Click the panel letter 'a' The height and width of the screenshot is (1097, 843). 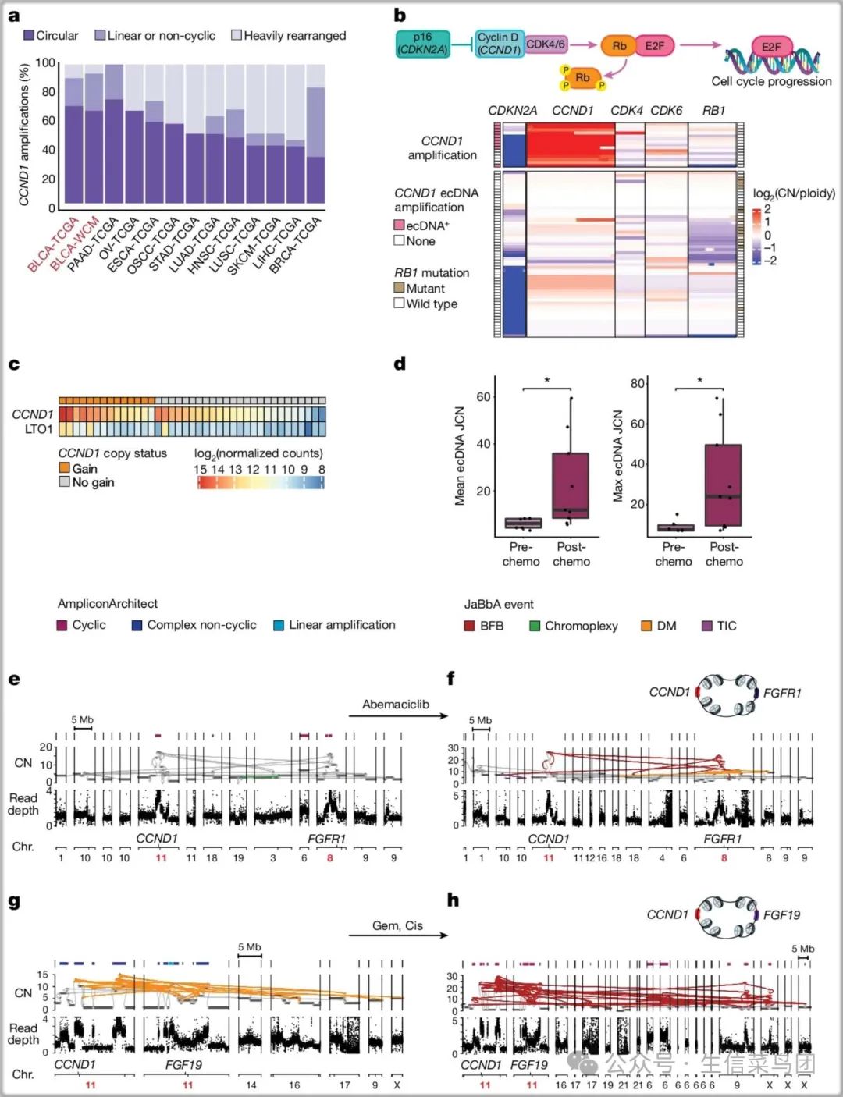[x=14, y=16]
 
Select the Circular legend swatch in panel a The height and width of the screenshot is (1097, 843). [x=29, y=36]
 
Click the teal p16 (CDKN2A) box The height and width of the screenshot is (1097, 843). [x=422, y=44]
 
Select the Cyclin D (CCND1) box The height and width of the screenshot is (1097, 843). [x=499, y=44]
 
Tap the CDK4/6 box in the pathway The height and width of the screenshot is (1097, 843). [x=546, y=44]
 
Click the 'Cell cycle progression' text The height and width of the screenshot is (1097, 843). [x=771, y=82]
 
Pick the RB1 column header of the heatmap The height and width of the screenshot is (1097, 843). [x=713, y=111]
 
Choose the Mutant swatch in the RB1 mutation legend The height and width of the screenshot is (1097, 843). [x=400, y=288]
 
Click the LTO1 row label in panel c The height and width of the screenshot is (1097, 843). [x=38, y=429]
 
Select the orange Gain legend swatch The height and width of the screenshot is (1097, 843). [x=65, y=468]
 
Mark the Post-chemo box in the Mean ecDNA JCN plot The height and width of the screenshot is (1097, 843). [x=571, y=485]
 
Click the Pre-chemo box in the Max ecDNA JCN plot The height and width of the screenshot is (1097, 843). [x=675, y=527]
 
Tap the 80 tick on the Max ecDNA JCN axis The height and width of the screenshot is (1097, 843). [x=638, y=383]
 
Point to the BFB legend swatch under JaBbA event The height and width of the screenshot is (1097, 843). [x=469, y=626]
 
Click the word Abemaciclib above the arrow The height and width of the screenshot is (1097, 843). [x=396, y=705]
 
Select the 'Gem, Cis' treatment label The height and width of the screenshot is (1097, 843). [x=397, y=925]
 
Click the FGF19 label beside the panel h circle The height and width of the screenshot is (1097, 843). [x=781, y=915]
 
